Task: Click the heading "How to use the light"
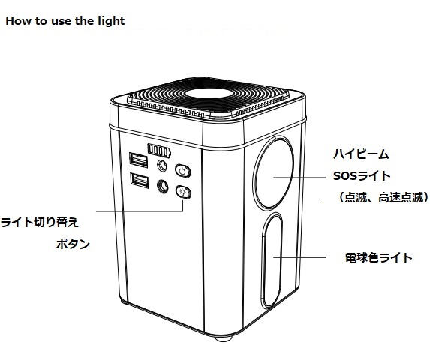click(x=65, y=21)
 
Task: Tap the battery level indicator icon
click(x=159, y=151)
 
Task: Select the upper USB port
click(x=139, y=160)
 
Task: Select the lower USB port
click(x=140, y=181)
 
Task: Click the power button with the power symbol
click(x=183, y=172)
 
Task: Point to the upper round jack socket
click(x=162, y=166)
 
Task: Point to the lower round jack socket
click(x=163, y=186)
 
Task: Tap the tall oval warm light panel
click(x=272, y=260)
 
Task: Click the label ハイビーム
click(x=361, y=154)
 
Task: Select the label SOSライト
click(x=362, y=176)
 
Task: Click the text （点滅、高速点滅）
click(x=383, y=197)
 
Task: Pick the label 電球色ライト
click(x=379, y=257)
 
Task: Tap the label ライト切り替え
click(x=40, y=222)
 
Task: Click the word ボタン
click(x=73, y=244)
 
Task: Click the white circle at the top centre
click(x=208, y=93)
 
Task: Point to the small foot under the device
click(x=223, y=337)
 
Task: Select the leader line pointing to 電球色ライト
click(x=299, y=257)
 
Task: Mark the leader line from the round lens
click(x=299, y=178)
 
